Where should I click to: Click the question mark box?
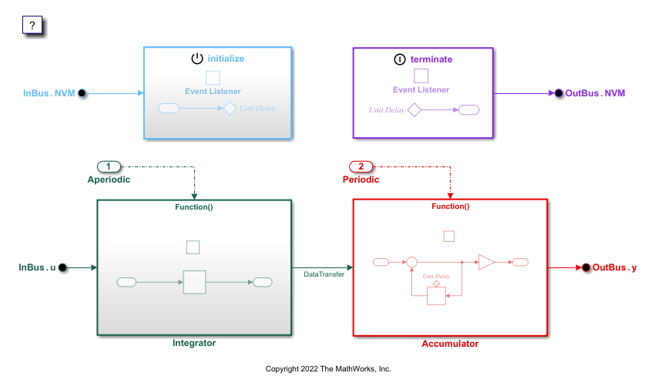pyautogui.click(x=32, y=25)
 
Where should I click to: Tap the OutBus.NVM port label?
pyautogui.click(x=595, y=93)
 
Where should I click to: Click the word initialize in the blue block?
pyautogui.click(x=226, y=59)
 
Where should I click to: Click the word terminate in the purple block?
pyautogui.click(x=432, y=59)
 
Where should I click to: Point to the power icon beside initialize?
pyautogui.click(x=196, y=59)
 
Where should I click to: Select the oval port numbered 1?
pyautogui.click(x=109, y=166)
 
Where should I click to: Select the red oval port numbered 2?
pyautogui.click(x=362, y=166)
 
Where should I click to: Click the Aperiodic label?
pyautogui.click(x=109, y=180)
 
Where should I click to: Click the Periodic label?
pyautogui.click(x=361, y=180)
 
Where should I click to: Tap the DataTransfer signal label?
pyautogui.click(x=324, y=274)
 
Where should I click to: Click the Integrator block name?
pyautogui.click(x=194, y=343)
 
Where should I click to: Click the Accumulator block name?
pyautogui.click(x=450, y=344)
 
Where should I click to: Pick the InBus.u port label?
pyautogui.click(x=36, y=267)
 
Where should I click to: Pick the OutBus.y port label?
pyautogui.click(x=615, y=267)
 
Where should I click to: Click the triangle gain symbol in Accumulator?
pyautogui.click(x=485, y=263)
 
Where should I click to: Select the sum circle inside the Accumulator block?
pyautogui.click(x=411, y=263)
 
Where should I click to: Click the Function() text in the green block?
pyautogui.click(x=194, y=206)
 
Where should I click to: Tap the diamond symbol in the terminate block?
pyautogui.click(x=414, y=110)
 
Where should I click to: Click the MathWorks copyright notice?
pyautogui.click(x=328, y=369)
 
